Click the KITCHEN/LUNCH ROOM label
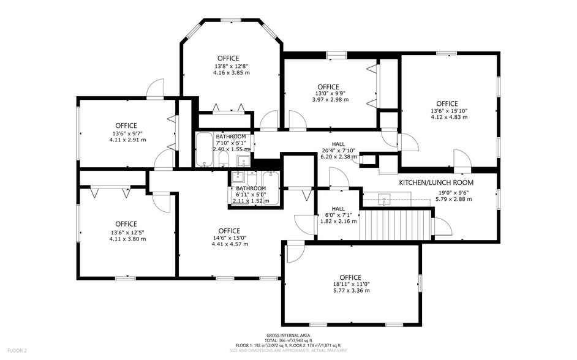pos(436,182)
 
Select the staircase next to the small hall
pos(394,225)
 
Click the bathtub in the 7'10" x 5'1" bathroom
pos(204,151)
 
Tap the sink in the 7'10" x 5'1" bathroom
pos(243,161)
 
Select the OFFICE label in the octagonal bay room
pos(228,59)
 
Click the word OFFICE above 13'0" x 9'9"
pos(328,87)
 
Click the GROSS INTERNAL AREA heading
pos(288,336)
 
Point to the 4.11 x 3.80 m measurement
pos(124,239)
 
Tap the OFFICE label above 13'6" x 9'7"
pos(126,126)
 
